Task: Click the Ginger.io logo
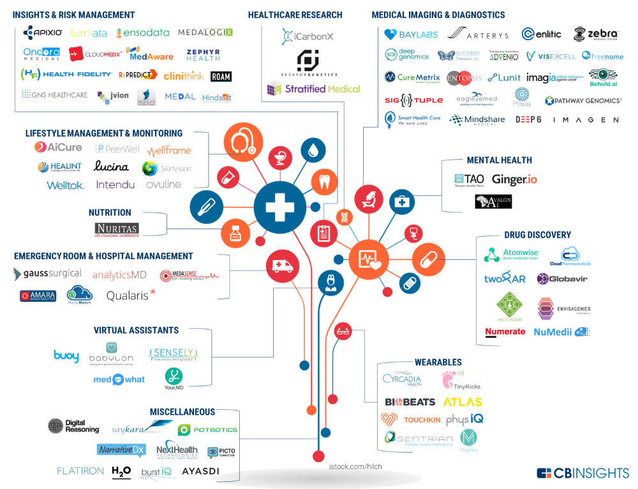[x=514, y=180]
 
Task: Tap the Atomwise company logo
[x=511, y=255]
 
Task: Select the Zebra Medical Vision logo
[x=595, y=34]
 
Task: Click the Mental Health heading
[x=499, y=160]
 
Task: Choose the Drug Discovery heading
[x=537, y=235]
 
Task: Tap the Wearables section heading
[x=438, y=363]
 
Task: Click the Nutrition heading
[x=110, y=213]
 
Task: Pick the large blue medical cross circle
[x=280, y=206]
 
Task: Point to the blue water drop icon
[x=313, y=151]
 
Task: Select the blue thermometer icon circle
[x=206, y=206]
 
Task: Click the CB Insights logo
[x=582, y=473]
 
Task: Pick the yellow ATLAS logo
[x=463, y=402]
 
